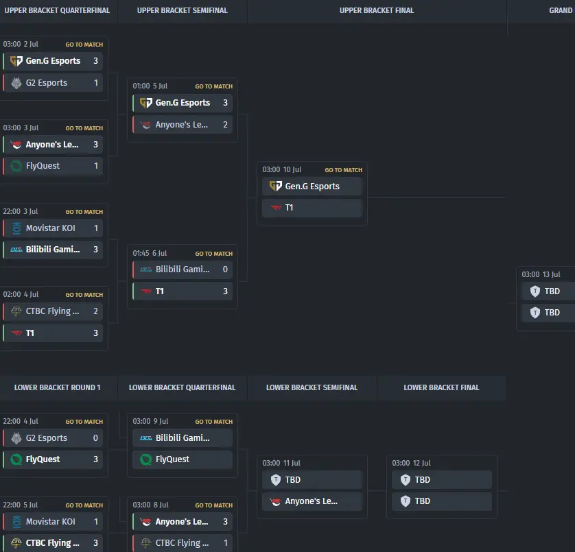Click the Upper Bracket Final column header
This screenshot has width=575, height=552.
[377, 11]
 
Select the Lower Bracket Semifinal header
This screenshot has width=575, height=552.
[312, 387]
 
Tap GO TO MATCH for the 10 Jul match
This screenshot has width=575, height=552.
[343, 170]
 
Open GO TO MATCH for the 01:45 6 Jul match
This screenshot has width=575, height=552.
[214, 254]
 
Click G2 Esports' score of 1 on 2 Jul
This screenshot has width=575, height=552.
[96, 83]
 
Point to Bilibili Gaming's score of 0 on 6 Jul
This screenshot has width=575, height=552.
[225, 269]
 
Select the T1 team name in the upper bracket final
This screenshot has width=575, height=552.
[290, 208]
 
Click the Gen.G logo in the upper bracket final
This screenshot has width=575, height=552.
[276, 187]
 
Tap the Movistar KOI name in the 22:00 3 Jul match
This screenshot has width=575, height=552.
[51, 228]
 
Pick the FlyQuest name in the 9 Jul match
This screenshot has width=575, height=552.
[172, 459]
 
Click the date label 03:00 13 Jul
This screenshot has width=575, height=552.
[541, 274]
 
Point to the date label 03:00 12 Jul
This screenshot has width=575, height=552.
[411, 463]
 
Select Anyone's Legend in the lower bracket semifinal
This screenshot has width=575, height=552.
[312, 501]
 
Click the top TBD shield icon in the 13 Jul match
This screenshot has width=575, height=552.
[535, 291]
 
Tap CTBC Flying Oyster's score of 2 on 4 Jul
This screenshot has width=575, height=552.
[95, 311]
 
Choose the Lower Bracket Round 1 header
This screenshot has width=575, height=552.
[57, 387]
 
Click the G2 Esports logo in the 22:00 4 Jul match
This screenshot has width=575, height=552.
[16, 438]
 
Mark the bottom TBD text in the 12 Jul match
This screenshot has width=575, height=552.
[423, 501]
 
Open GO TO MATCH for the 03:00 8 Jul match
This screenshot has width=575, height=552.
[214, 505]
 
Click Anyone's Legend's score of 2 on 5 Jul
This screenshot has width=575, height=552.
[226, 125]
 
